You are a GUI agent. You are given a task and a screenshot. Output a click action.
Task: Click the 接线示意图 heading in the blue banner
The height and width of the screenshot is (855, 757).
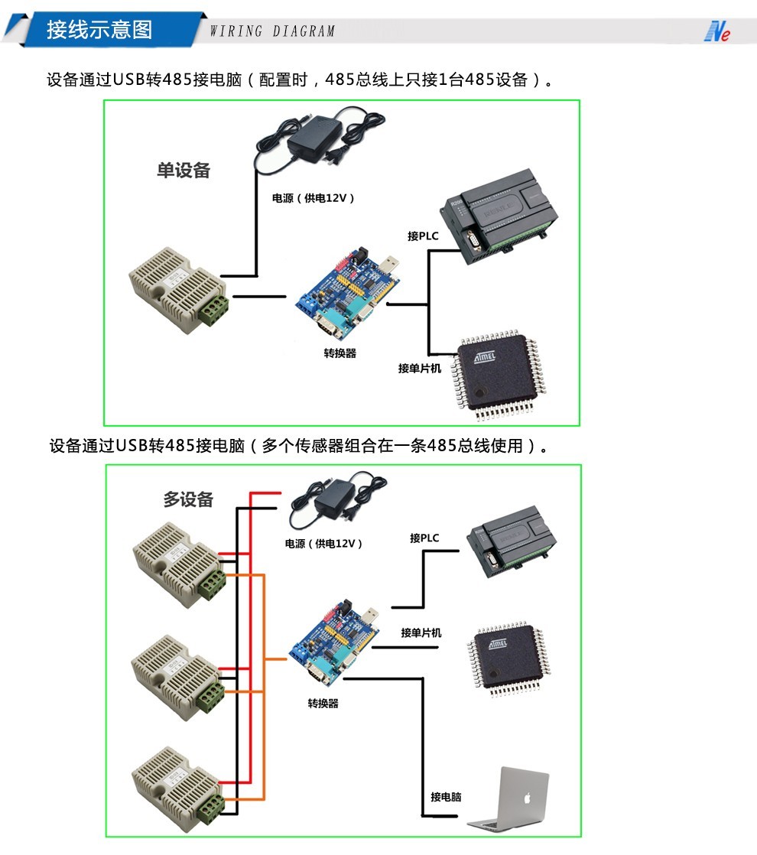[x=99, y=30]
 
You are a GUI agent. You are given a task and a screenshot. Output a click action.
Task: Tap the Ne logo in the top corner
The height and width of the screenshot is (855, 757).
[x=716, y=31]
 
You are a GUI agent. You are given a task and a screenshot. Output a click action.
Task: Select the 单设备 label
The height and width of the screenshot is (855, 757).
[x=184, y=171]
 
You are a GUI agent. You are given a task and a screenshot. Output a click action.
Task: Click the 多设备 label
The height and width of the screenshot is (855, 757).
[x=188, y=499]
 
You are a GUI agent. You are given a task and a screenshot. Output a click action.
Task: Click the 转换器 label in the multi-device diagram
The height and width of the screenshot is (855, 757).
[x=323, y=703]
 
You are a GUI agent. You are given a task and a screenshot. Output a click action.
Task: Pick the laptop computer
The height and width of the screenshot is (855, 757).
[x=510, y=800]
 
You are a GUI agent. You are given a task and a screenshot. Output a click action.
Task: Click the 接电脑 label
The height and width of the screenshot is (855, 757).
[x=446, y=797]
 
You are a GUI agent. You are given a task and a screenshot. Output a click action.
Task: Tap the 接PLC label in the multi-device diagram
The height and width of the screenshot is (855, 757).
[x=424, y=538]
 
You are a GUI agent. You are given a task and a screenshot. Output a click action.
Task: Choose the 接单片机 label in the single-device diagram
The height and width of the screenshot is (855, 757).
[x=420, y=368]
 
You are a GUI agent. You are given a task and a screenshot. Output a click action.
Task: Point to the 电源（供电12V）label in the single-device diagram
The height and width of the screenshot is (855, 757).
[x=314, y=198]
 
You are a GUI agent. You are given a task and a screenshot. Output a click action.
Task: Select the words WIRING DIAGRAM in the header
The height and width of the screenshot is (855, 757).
[x=272, y=31]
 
